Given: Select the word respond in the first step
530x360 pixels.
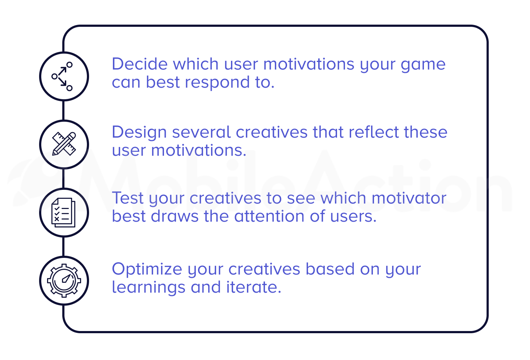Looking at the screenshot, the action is (x=217, y=83).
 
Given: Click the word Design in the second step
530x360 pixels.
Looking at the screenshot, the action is (x=139, y=133).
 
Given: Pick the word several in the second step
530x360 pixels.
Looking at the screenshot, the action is (x=201, y=132).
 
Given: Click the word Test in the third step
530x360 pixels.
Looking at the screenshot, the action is (x=127, y=198).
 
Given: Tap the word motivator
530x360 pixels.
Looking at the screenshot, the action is (x=409, y=198).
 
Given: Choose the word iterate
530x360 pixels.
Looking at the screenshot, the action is (x=253, y=287).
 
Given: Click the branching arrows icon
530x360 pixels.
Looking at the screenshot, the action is (x=62, y=76).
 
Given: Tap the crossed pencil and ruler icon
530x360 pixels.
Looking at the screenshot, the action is (x=64, y=144).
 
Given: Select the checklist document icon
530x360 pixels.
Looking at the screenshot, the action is (x=63, y=213).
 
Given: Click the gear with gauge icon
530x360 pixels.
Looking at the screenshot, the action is (x=64, y=281).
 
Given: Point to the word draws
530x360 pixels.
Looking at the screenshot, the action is (x=174, y=216).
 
